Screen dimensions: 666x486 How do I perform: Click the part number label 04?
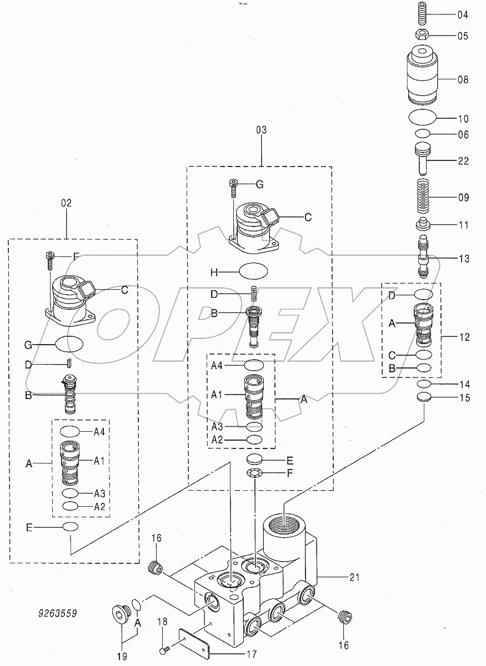(x=462, y=15)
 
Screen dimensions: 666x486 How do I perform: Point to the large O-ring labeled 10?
(x=424, y=118)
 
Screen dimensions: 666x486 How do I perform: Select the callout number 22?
(x=462, y=161)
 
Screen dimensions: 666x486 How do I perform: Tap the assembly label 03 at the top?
(x=261, y=131)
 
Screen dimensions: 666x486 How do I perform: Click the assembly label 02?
(x=66, y=204)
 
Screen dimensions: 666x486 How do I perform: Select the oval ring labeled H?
(x=253, y=272)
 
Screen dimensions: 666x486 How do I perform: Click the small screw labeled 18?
(x=165, y=650)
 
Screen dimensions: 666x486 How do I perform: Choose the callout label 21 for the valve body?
(x=354, y=577)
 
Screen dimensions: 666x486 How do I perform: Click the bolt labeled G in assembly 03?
(x=233, y=188)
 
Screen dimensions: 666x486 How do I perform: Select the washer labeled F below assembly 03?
(x=254, y=473)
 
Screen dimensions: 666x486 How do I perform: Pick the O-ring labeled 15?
(x=424, y=397)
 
